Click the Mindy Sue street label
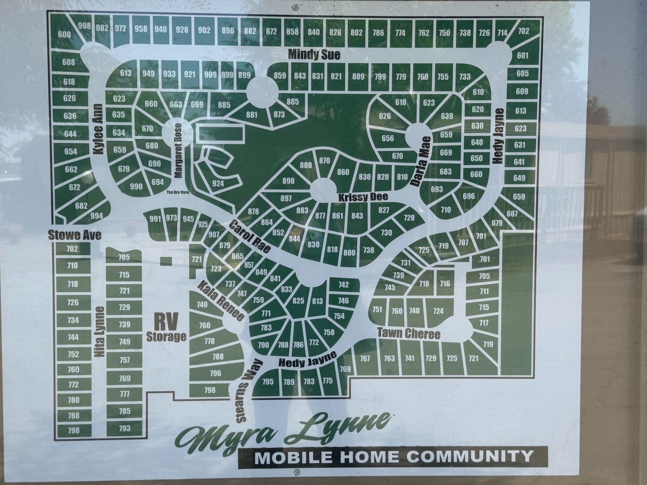click(314, 55)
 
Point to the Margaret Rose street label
click(178, 150)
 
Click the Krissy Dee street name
click(363, 197)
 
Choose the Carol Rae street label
click(250, 236)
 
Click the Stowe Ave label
click(75, 235)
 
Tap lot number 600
click(64, 35)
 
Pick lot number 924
click(218, 183)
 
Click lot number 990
click(136, 186)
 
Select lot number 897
click(286, 199)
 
